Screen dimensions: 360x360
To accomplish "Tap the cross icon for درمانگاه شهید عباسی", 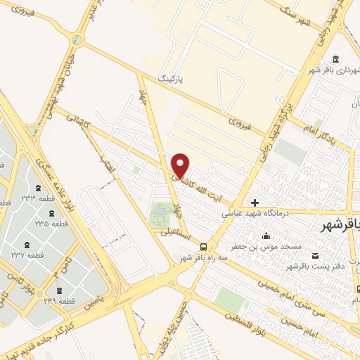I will point(255,202).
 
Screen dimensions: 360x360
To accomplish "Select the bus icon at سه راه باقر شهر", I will point(203,246).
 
